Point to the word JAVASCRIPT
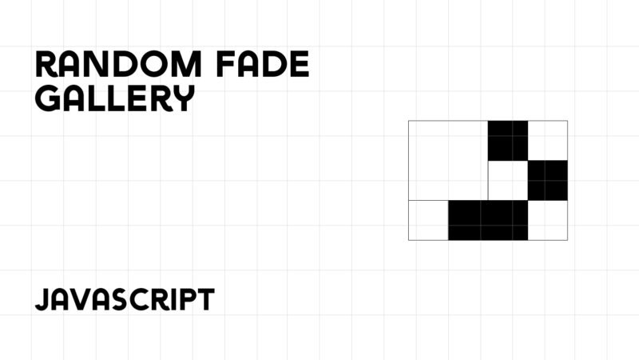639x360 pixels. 125,299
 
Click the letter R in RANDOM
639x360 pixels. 48,65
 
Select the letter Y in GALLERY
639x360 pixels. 183,98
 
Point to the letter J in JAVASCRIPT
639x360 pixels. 43,299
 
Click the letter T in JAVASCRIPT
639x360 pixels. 204,299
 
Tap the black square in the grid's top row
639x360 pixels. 508,140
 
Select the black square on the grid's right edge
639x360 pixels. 548,180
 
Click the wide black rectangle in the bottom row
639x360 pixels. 488,220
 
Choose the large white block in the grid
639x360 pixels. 448,160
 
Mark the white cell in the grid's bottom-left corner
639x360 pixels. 428,220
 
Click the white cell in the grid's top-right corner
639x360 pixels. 548,140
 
